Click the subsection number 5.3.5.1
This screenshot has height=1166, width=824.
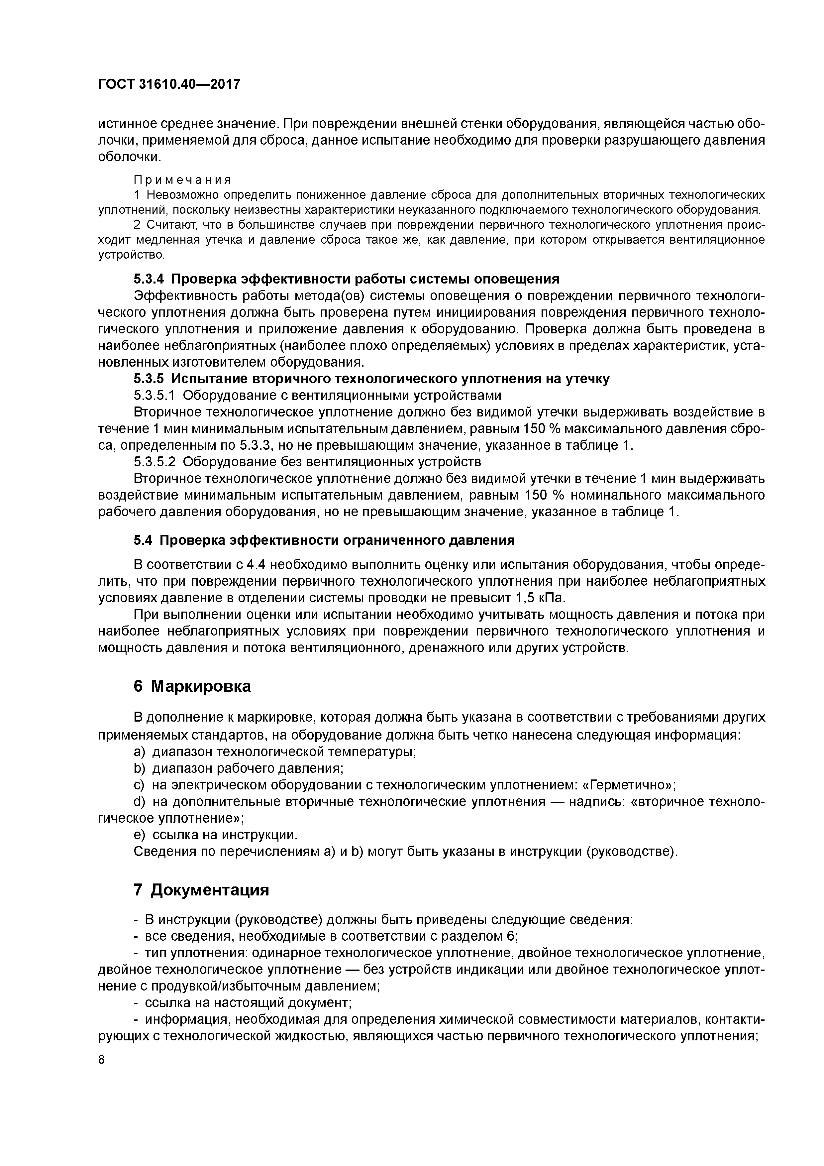154,395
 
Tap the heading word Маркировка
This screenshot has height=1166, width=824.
201,686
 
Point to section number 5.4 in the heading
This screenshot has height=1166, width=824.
143,540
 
